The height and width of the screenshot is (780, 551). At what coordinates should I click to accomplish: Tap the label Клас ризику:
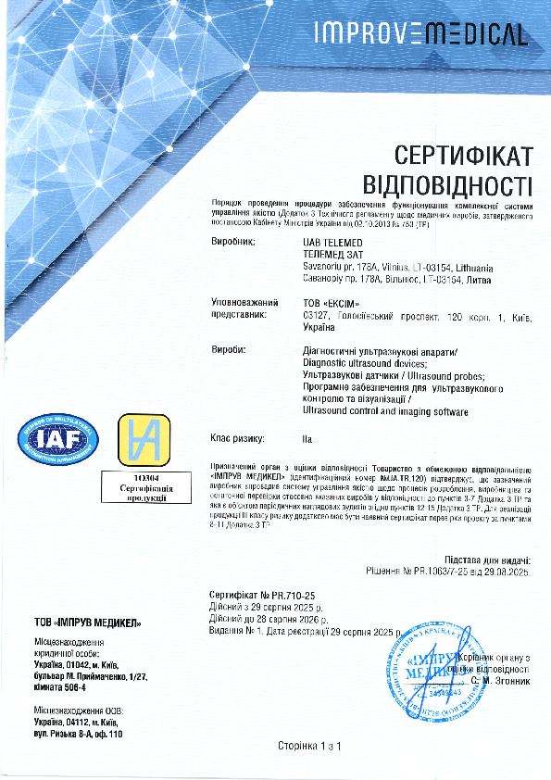pos(239,437)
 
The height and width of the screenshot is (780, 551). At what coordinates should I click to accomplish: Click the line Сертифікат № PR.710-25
pos(263,590)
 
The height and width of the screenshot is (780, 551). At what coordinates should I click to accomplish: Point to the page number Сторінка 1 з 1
pos(310,746)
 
